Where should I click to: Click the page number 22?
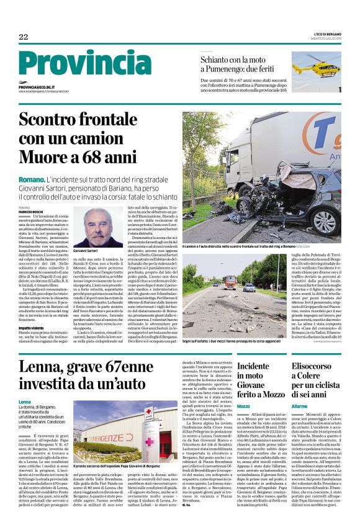click(23, 37)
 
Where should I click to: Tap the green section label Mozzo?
click(243, 405)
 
